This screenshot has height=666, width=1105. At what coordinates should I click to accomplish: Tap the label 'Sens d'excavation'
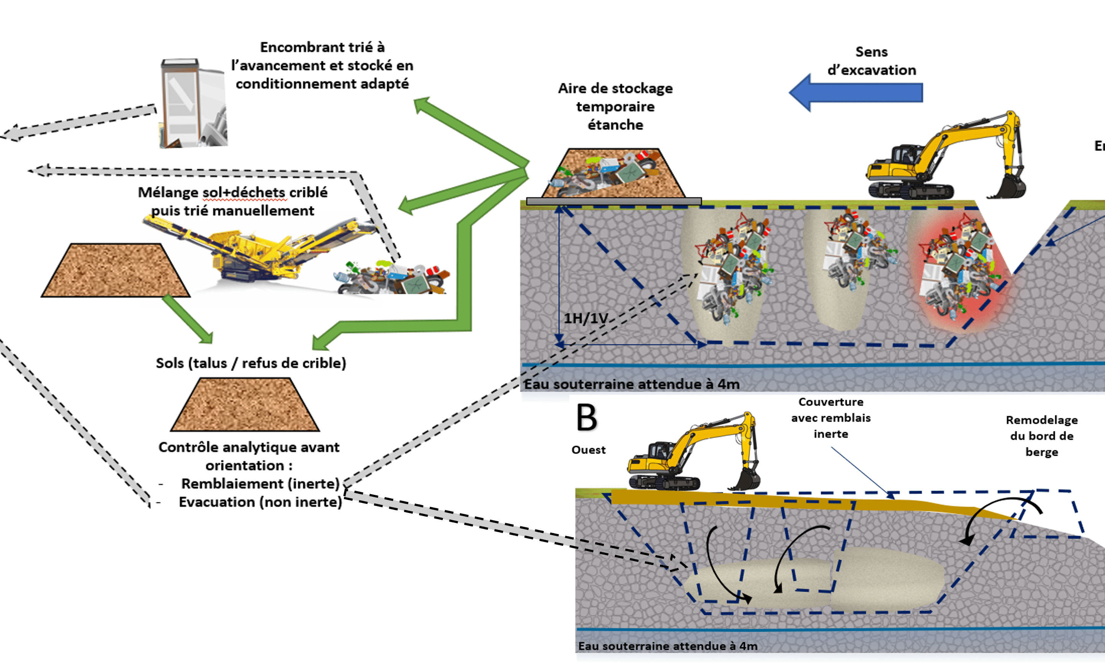(x=871, y=61)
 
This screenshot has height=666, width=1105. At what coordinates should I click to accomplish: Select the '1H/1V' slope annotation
(x=585, y=318)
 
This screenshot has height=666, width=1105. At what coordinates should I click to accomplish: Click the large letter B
(x=587, y=417)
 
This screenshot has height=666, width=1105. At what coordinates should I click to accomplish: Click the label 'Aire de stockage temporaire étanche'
(x=615, y=107)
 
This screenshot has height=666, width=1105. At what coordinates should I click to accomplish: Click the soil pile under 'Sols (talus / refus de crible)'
(x=245, y=405)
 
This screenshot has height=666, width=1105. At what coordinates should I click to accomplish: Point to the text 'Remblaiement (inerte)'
(x=260, y=483)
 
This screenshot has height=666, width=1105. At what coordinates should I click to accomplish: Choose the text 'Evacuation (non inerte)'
(x=260, y=502)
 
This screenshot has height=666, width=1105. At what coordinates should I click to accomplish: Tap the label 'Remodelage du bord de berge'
(x=1041, y=436)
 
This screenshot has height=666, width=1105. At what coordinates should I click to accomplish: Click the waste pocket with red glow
(x=960, y=269)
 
